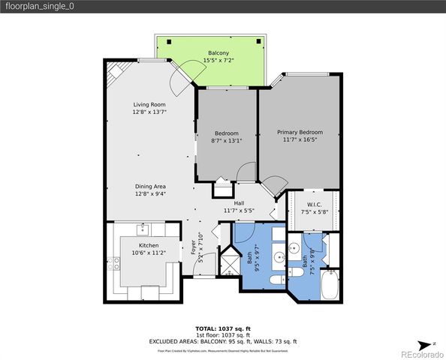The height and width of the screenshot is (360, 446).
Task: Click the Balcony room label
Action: (218, 53)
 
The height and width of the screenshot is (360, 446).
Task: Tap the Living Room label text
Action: (149, 104)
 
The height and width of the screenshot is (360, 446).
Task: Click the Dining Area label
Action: (149, 186)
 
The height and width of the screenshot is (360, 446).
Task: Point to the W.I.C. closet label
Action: (315, 205)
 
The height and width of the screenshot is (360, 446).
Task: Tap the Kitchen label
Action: (149, 245)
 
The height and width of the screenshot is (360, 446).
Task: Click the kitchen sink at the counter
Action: (140, 229)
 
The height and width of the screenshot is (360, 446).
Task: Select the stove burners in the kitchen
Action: (114, 264)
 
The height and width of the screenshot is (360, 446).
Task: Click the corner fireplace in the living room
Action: (115, 71)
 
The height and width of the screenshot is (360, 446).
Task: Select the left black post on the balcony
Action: (169, 42)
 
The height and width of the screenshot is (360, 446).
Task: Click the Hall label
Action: (239, 203)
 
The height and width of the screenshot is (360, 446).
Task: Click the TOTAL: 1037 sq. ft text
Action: (223, 328)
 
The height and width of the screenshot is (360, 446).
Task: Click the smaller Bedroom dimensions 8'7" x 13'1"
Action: (226, 139)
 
